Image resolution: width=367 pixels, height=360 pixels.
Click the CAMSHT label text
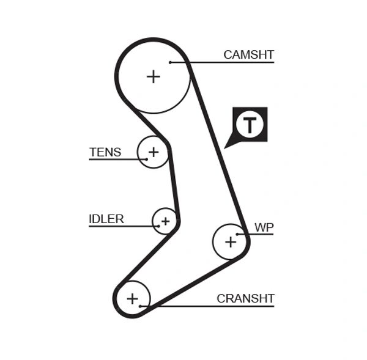(x=248, y=54)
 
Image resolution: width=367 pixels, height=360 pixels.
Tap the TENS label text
(x=105, y=152)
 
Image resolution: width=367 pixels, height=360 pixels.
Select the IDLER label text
(x=106, y=219)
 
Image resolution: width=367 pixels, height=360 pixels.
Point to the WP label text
(x=264, y=227)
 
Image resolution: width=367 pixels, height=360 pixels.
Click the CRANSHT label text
(x=245, y=298)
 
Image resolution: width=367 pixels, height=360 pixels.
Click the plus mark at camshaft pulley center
(x=153, y=76)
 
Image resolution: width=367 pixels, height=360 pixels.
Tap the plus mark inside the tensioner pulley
(x=153, y=151)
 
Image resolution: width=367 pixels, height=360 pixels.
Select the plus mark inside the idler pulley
(x=165, y=220)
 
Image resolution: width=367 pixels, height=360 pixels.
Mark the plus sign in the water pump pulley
(x=230, y=241)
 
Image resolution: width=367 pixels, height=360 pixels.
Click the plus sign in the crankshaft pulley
(x=132, y=298)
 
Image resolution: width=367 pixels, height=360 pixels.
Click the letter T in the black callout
(x=250, y=125)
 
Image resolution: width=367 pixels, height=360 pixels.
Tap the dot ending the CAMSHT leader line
(x=171, y=62)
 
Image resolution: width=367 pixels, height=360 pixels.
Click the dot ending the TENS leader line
(x=147, y=160)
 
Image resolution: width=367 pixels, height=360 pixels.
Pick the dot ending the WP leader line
(x=238, y=234)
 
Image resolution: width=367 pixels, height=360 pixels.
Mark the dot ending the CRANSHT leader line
(x=141, y=305)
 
